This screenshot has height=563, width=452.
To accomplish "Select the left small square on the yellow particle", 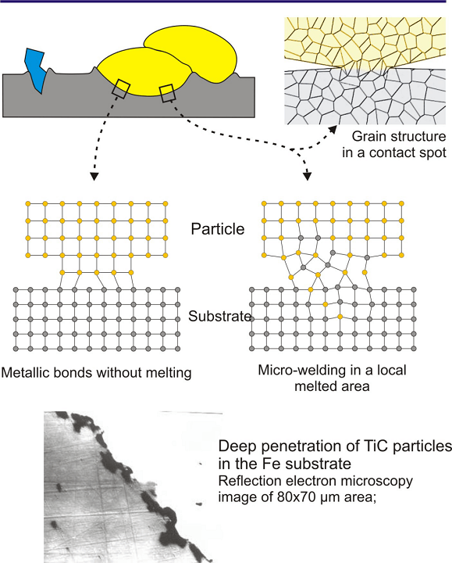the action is pyautogui.click(x=121, y=89).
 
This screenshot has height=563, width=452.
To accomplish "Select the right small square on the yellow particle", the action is pyautogui.click(x=167, y=93).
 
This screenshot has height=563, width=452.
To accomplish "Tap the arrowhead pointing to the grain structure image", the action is pyautogui.click(x=333, y=130).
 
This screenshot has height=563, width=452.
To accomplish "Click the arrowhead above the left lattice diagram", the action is pyautogui.click(x=94, y=176).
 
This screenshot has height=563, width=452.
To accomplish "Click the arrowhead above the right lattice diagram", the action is pyautogui.click(x=307, y=176).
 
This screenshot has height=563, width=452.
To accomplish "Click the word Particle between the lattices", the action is pyautogui.click(x=218, y=229).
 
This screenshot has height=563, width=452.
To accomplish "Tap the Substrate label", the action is pyautogui.click(x=220, y=317).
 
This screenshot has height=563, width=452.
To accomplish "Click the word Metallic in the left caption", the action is pyautogui.click(x=26, y=373).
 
